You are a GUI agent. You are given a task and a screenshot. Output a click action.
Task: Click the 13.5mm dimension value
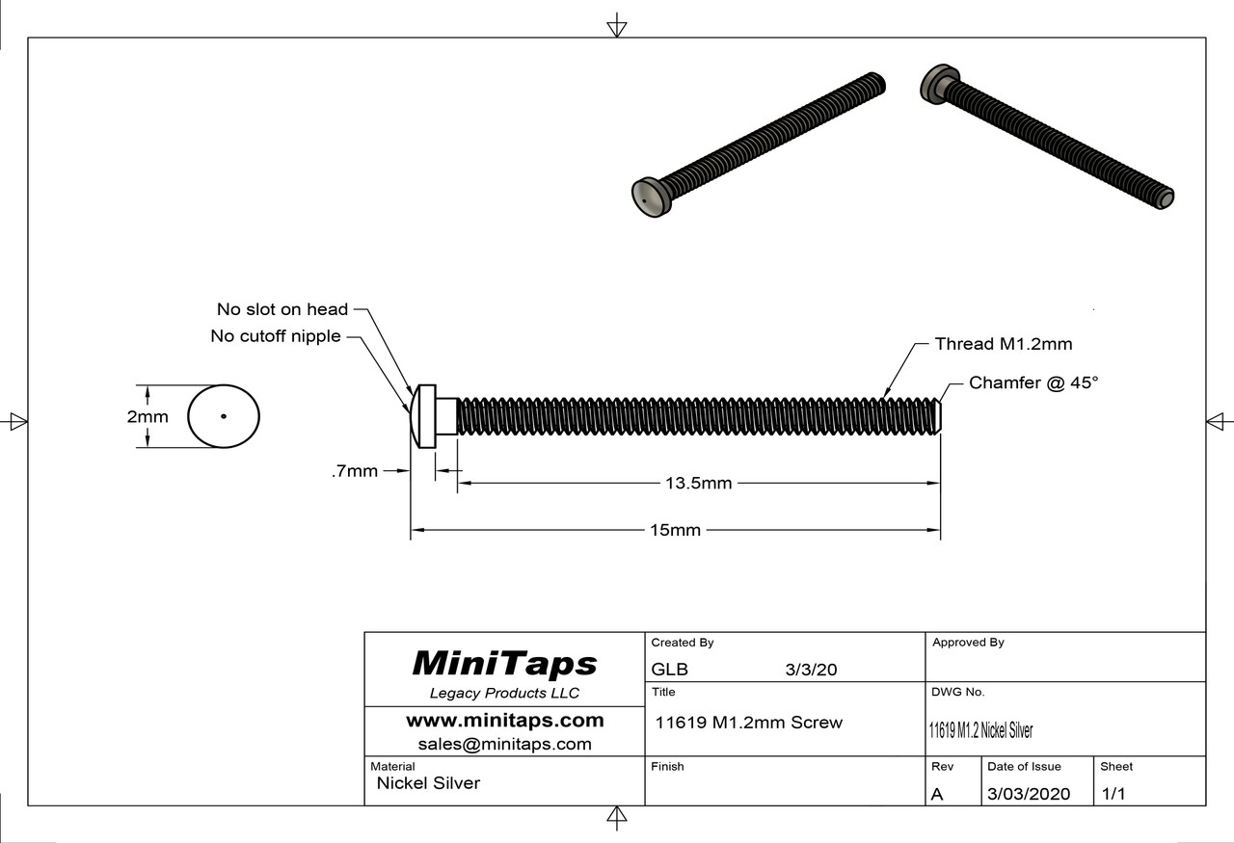pyautogui.click(x=698, y=483)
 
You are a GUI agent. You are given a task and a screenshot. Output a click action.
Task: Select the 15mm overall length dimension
pyautogui.click(x=675, y=530)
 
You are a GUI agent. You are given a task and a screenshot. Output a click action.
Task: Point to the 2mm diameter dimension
pyautogui.click(x=148, y=417)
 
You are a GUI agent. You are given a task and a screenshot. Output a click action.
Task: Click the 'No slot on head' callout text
pyautogui.click(x=282, y=309)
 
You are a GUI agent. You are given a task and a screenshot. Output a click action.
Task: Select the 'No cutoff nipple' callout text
pyautogui.click(x=275, y=336)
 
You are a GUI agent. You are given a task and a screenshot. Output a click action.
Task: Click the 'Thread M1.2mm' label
pyautogui.click(x=1003, y=344)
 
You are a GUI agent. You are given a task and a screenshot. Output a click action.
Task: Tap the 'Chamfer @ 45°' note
pyautogui.click(x=1033, y=382)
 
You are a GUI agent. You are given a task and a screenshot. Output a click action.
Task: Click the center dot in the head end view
pyautogui.click(x=223, y=417)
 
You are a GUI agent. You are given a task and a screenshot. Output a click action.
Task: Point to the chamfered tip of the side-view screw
pyautogui.click(x=937, y=416)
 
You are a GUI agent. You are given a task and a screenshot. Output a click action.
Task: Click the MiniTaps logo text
pyautogui.click(x=504, y=664)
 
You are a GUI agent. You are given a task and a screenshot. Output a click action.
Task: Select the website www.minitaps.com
pyautogui.click(x=504, y=721)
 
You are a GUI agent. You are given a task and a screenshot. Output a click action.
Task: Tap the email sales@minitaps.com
pyautogui.click(x=504, y=744)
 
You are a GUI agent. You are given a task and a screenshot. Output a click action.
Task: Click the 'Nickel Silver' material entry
pyautogui.click(x=427, y=783)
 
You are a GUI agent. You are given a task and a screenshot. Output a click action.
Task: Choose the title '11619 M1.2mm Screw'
pyautogui.click(x=748, y=723)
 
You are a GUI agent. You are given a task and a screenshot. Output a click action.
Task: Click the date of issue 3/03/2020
pyautogui.click(x=1029, y=794)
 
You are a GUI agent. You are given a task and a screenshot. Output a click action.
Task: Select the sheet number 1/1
pyautogui.click(x=1113, y=794)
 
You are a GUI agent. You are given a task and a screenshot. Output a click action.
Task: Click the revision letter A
pyautogui.click(x=937, y=794)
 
